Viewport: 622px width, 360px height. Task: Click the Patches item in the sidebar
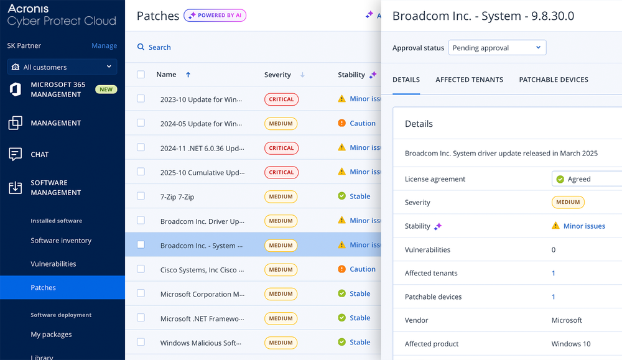[44, 287]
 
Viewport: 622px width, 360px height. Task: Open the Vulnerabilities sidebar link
[53, 264]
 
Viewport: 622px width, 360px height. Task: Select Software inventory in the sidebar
[61, 241]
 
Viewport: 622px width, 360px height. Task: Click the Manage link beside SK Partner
[104, 45]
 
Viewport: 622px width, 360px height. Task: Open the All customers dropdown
[62, 67]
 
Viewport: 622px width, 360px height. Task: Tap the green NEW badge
[106, 90]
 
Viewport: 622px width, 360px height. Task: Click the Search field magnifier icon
[141, 47]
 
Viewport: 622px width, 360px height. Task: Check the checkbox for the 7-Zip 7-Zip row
[141, 196]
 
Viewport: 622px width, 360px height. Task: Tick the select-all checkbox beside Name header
[141, 75]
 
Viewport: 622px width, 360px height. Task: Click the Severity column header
[277, 75]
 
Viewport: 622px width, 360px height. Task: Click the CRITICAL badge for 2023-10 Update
[281, 99]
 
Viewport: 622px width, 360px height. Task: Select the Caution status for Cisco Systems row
[363, 269]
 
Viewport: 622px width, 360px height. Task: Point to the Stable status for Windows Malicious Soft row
[360, 342]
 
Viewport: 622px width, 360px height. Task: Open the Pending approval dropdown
[497, 48]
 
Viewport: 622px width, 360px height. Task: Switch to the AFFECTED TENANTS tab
[469, 80]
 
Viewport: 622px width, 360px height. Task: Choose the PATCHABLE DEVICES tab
[554, 80]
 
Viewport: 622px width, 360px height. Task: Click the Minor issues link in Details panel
[584, 226]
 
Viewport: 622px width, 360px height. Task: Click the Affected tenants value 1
[554, 273]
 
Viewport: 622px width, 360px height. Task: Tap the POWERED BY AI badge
[215, 16]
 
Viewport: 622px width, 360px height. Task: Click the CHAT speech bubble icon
[15, 154]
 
